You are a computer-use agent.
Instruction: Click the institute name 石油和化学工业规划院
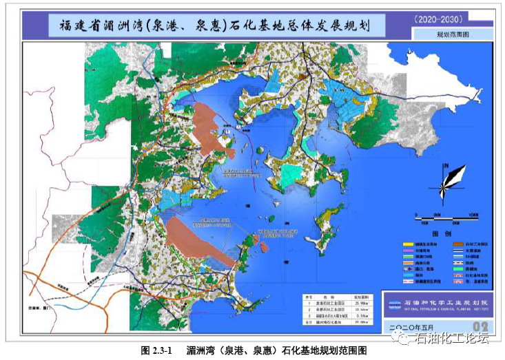click(x=441, y=302)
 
